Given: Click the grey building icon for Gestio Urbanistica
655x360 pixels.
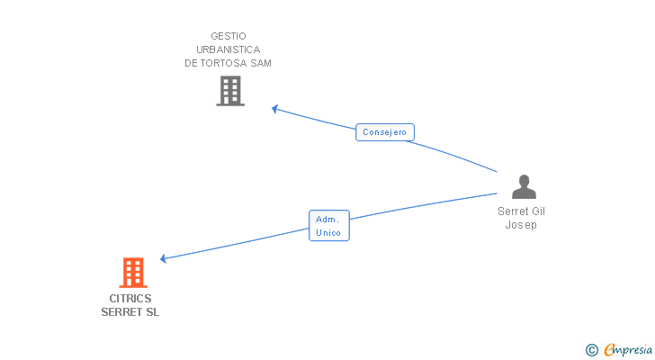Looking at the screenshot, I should pyautogui.click(x=230, y=91).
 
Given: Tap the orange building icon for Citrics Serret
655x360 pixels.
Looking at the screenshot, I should pyautogui.click(x=132, y=272).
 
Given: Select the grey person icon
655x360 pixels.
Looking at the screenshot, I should pyautogui.click(x=524, y=187).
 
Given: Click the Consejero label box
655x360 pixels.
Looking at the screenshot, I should pyautogui.click(x=385, y=132).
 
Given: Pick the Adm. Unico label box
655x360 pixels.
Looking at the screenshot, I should pyautogui.click(x=329, y=225).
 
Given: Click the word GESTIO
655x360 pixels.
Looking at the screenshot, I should pyautogui.click(x=228, y=36).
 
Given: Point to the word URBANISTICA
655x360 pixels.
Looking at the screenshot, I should pyautogui.click(x=228, y=49).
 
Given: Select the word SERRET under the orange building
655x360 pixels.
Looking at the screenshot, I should pyautogui.click(x=121, y=312).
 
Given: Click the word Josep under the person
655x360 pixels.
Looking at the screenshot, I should pyautogui.click(x=521, y=225).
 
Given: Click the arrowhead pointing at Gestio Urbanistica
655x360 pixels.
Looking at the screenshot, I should pyautogui.click(x=275, y=109).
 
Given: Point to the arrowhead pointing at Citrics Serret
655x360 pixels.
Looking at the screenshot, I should pyautogui.click(x=164, y=259).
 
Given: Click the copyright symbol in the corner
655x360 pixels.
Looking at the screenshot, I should pyautogui.click(x=591, y=350).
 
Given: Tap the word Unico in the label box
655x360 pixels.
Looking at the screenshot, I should pyautogui.click(x=329, y=232).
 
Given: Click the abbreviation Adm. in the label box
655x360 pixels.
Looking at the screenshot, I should pyautogui.click(x=329, y=219).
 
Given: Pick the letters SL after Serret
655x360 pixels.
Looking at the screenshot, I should pyautogui.click(x=152, y=312).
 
